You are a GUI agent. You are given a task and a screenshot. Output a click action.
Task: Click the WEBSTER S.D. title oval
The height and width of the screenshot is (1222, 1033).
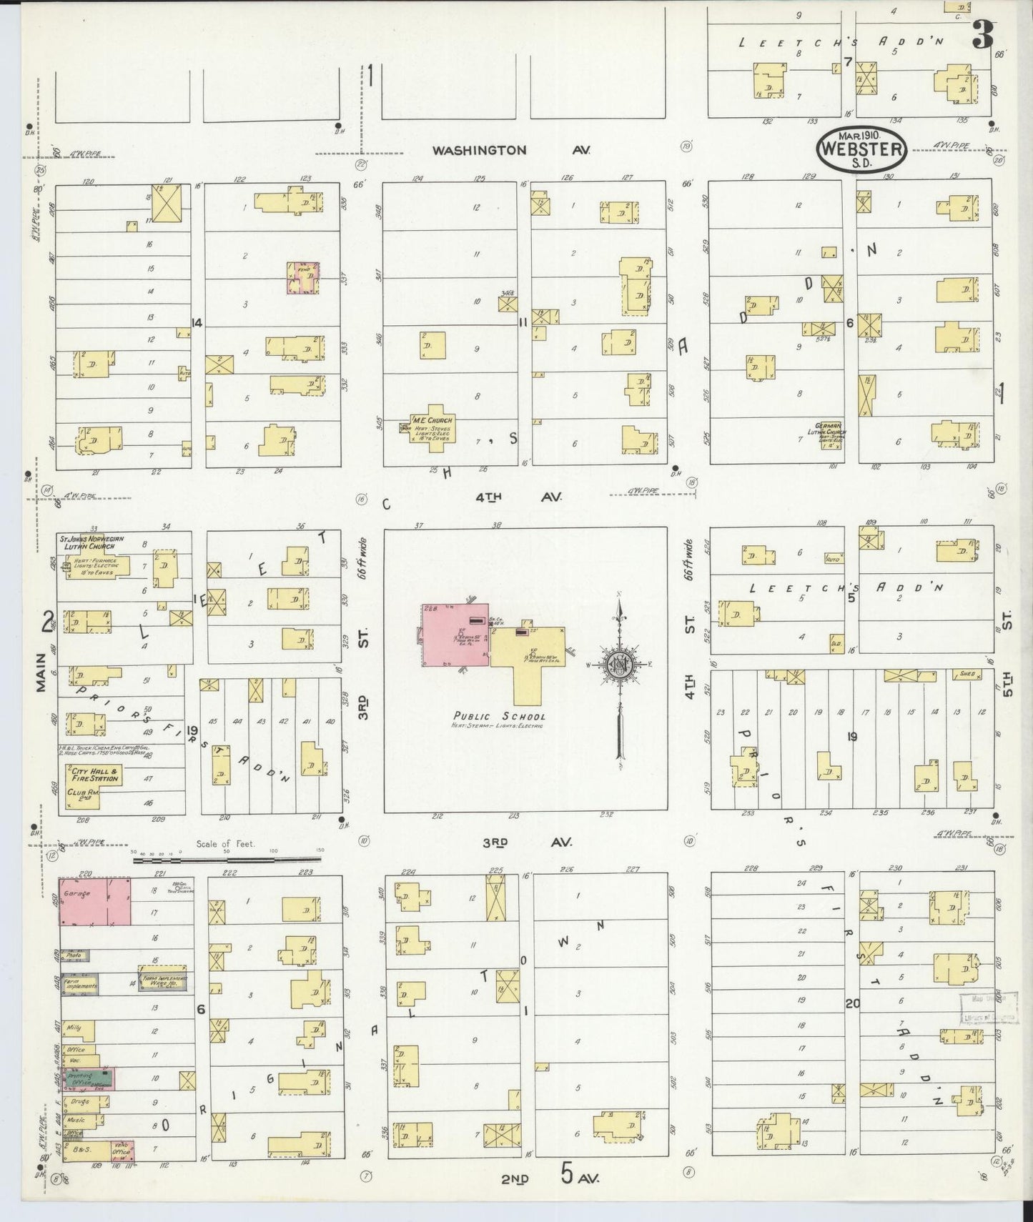(861, 149)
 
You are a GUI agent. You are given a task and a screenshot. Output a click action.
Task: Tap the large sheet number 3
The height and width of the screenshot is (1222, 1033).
(984, 34)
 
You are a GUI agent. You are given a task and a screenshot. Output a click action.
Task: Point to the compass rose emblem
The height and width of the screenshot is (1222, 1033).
(619, 664)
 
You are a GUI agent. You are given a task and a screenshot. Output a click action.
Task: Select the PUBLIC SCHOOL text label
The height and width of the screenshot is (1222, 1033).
(499, 716)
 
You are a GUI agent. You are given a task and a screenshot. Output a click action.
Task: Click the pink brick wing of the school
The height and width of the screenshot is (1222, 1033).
(454, 635)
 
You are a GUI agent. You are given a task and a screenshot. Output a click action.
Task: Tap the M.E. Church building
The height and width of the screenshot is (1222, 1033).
(432, 427)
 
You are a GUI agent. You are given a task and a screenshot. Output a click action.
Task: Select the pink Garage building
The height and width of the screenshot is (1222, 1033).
(94, 901)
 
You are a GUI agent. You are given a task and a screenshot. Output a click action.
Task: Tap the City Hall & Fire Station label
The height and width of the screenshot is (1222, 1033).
(94, 775)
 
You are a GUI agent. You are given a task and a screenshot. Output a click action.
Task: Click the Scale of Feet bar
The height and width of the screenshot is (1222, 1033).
(228, 860)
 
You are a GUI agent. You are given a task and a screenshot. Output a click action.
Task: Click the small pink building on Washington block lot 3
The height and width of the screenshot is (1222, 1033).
(302, 277)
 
